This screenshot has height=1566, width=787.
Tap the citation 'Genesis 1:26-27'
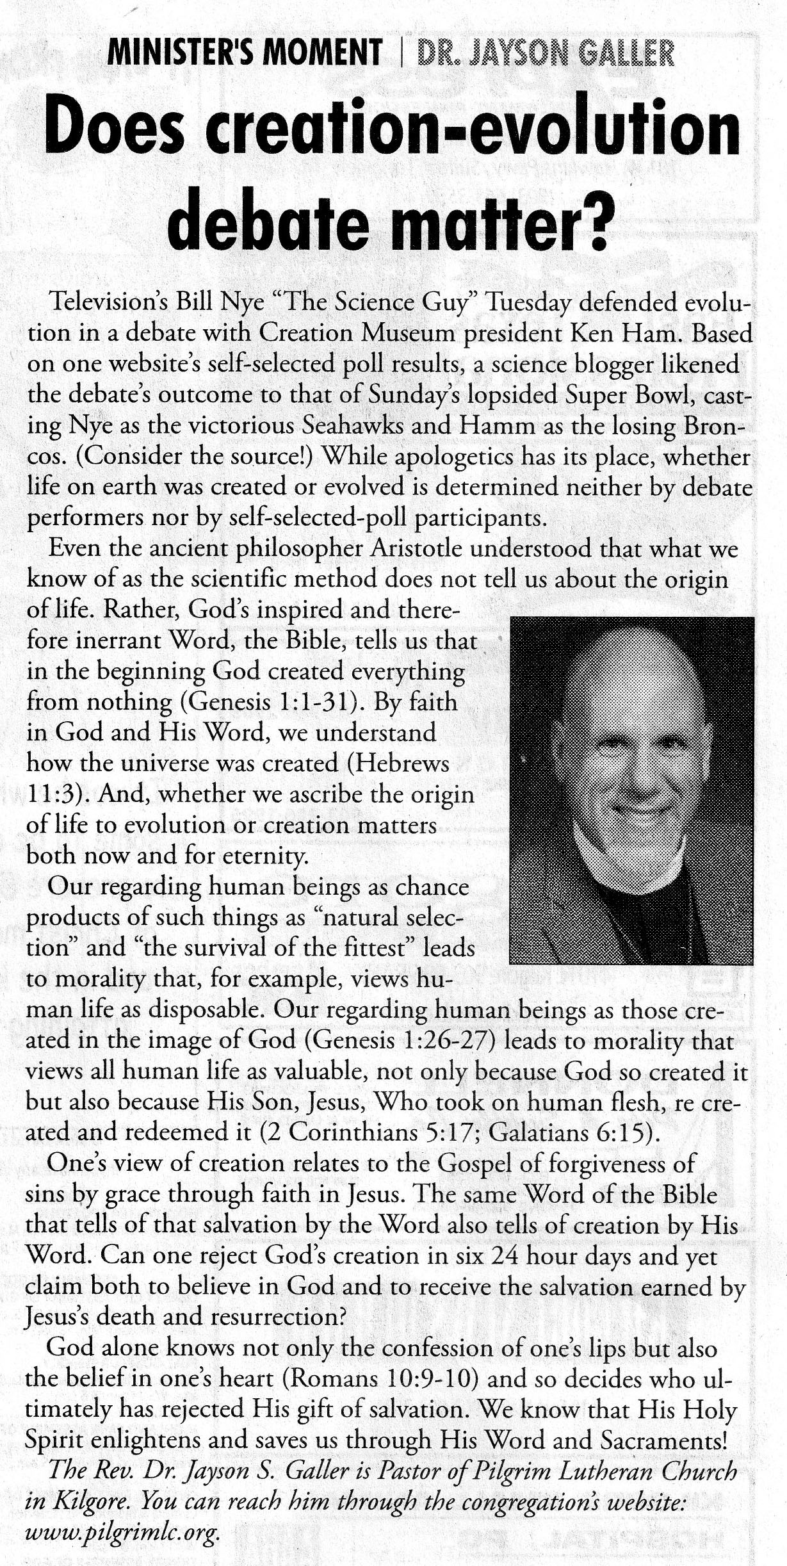coord(401,1041)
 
